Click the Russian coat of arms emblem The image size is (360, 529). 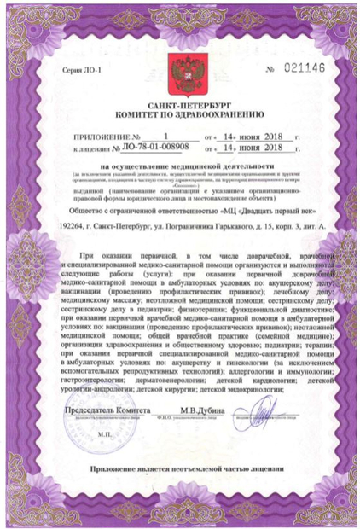(180, 68)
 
